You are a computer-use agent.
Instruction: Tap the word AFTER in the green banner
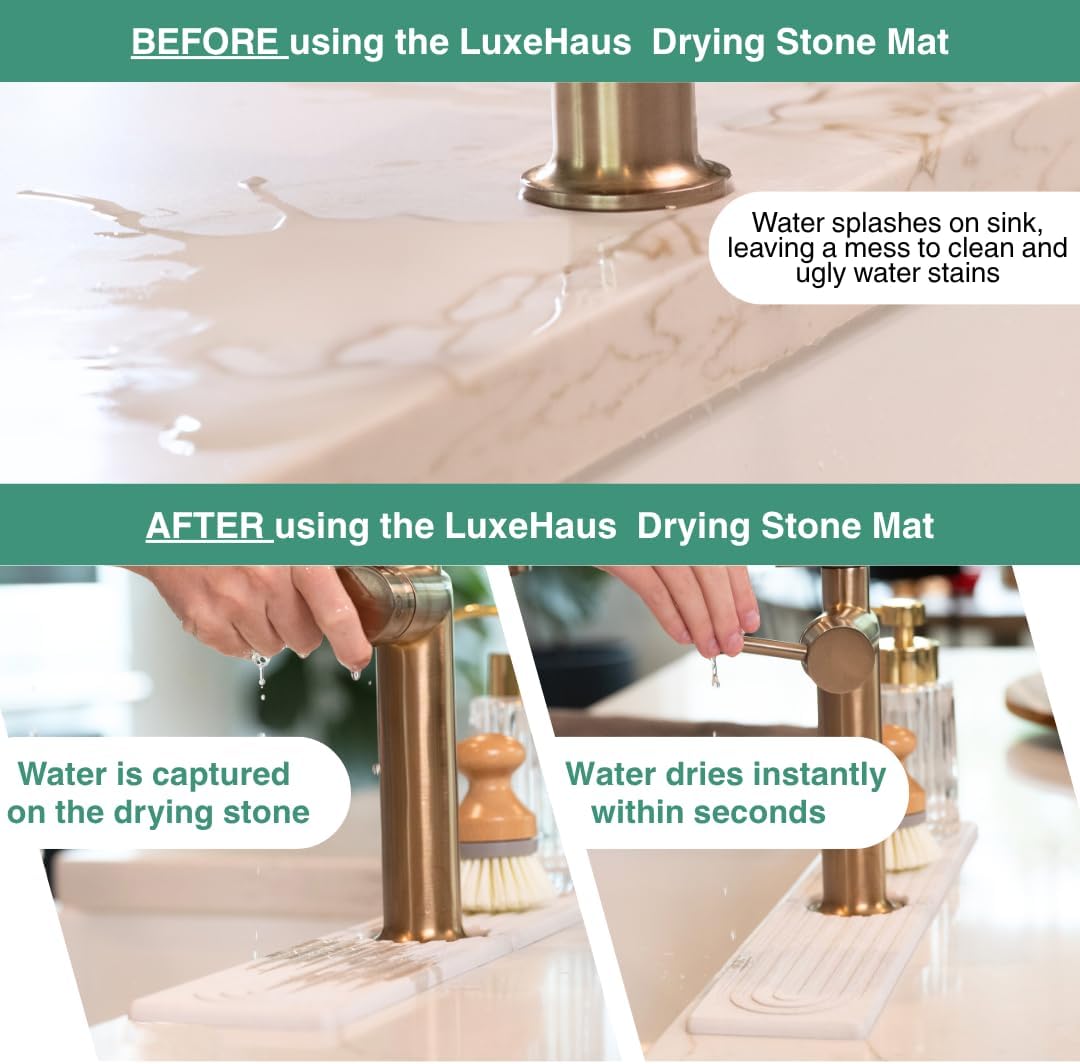click(207, 525)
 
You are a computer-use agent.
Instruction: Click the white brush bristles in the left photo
click(505, 881)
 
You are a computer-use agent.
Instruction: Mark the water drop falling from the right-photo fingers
click(714, 676)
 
